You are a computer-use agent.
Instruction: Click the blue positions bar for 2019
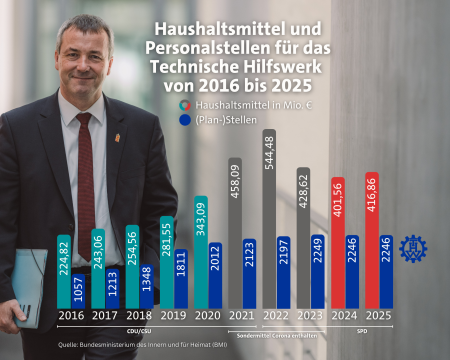tap(181, 278)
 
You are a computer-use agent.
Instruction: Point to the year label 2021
tap(242, 316)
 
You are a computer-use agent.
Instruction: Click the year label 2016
tap(70, 316)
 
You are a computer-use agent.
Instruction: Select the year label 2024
tap(345, 316)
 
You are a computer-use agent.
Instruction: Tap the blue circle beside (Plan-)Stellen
tap(184, 120)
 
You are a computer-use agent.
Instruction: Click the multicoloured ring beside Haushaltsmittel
tap(184, 105)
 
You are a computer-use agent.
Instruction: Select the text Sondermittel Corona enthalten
tap(276, 336)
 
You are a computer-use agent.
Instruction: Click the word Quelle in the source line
tap(68, 344)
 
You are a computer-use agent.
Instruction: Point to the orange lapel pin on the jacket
tap(118, 136)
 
